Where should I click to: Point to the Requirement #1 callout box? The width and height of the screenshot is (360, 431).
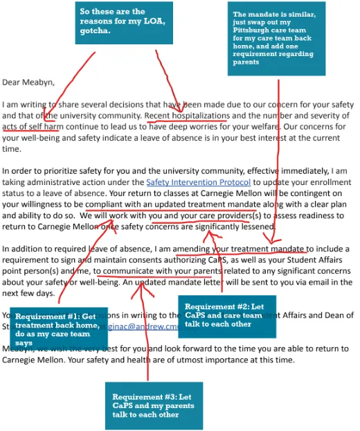point(55,326)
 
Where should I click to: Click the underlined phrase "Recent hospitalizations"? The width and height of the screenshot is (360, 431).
point(186,115)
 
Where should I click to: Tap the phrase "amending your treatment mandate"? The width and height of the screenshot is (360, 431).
point(243,249)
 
